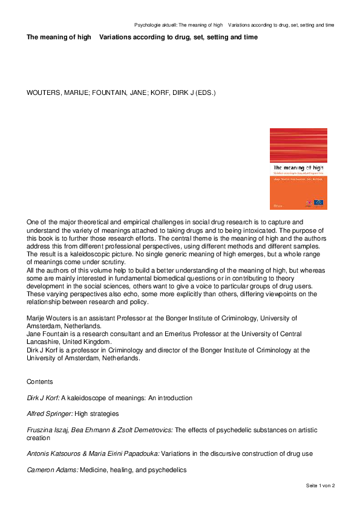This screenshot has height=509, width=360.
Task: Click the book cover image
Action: (x=298, y=169)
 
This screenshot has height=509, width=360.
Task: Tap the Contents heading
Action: (x=39, y=382)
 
